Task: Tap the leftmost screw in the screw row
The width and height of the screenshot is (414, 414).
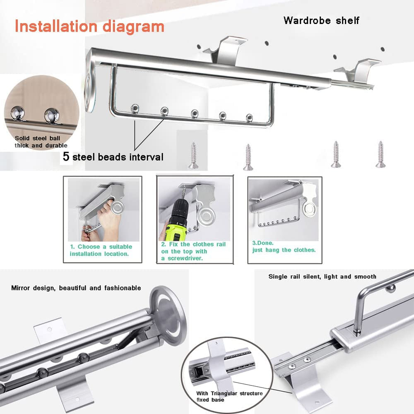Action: click(x=193, y=155)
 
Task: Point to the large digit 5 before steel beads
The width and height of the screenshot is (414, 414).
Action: click(x=66, y=156)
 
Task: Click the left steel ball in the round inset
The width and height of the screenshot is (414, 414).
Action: click(x=18, y=113)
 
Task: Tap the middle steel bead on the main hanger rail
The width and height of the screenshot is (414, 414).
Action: click(x=195, y=113)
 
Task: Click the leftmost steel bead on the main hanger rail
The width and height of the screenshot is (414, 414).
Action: click(x=135, y=108)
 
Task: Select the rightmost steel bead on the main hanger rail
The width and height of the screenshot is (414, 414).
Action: click(x=249, y=118)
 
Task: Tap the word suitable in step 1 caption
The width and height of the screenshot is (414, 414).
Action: click(x=120, y=247)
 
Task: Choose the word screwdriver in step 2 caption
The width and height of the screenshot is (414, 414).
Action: click(x=185, y=258)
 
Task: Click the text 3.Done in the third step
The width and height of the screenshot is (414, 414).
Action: click(x=263, y=243)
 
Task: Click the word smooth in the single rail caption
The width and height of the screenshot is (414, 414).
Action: click(x=365, y=277)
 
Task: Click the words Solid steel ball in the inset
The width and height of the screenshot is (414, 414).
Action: click(x=38, y=138)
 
